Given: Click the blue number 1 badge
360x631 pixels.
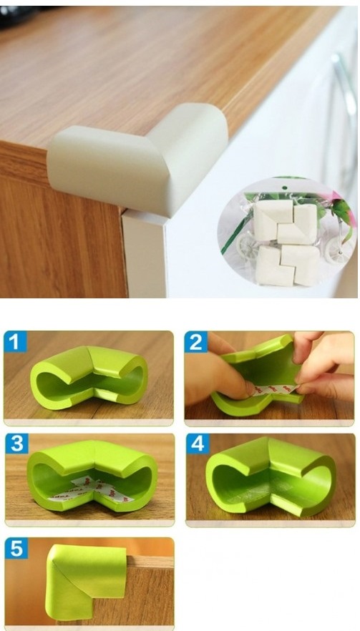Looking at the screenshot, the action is [x=15, y=342].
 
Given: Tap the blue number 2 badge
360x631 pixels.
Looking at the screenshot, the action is [x=195, y=342].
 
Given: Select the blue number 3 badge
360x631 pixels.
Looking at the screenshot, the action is [x=17, y=444].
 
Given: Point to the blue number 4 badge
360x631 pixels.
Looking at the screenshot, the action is [x=198, y=444].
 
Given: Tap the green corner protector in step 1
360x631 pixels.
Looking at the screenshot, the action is [x=89, y=376].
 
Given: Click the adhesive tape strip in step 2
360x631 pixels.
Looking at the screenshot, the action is [x=274, y=389].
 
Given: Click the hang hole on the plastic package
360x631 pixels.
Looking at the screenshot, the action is [x=284, y=188].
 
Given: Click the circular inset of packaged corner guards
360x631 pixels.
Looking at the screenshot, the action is [x=287, y=237].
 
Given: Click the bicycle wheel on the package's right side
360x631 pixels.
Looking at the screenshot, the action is [x=339, y=250].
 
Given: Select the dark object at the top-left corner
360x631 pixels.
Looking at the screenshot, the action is [x=16, y=15].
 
